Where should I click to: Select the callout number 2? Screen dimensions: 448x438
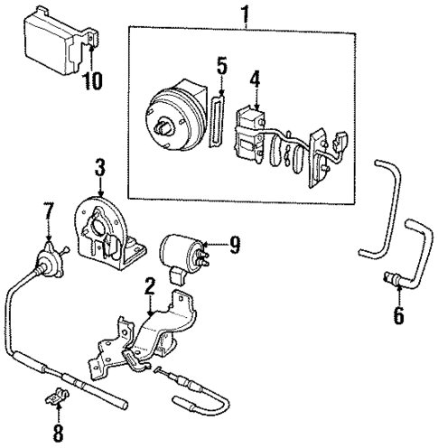coord(151,287)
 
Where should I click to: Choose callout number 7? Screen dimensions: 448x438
coord(50,214)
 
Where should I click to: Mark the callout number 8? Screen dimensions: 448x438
coord(59,432)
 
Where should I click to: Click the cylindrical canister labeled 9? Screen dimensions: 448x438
coord(182,251)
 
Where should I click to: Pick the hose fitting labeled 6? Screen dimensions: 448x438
coord(394,280)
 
